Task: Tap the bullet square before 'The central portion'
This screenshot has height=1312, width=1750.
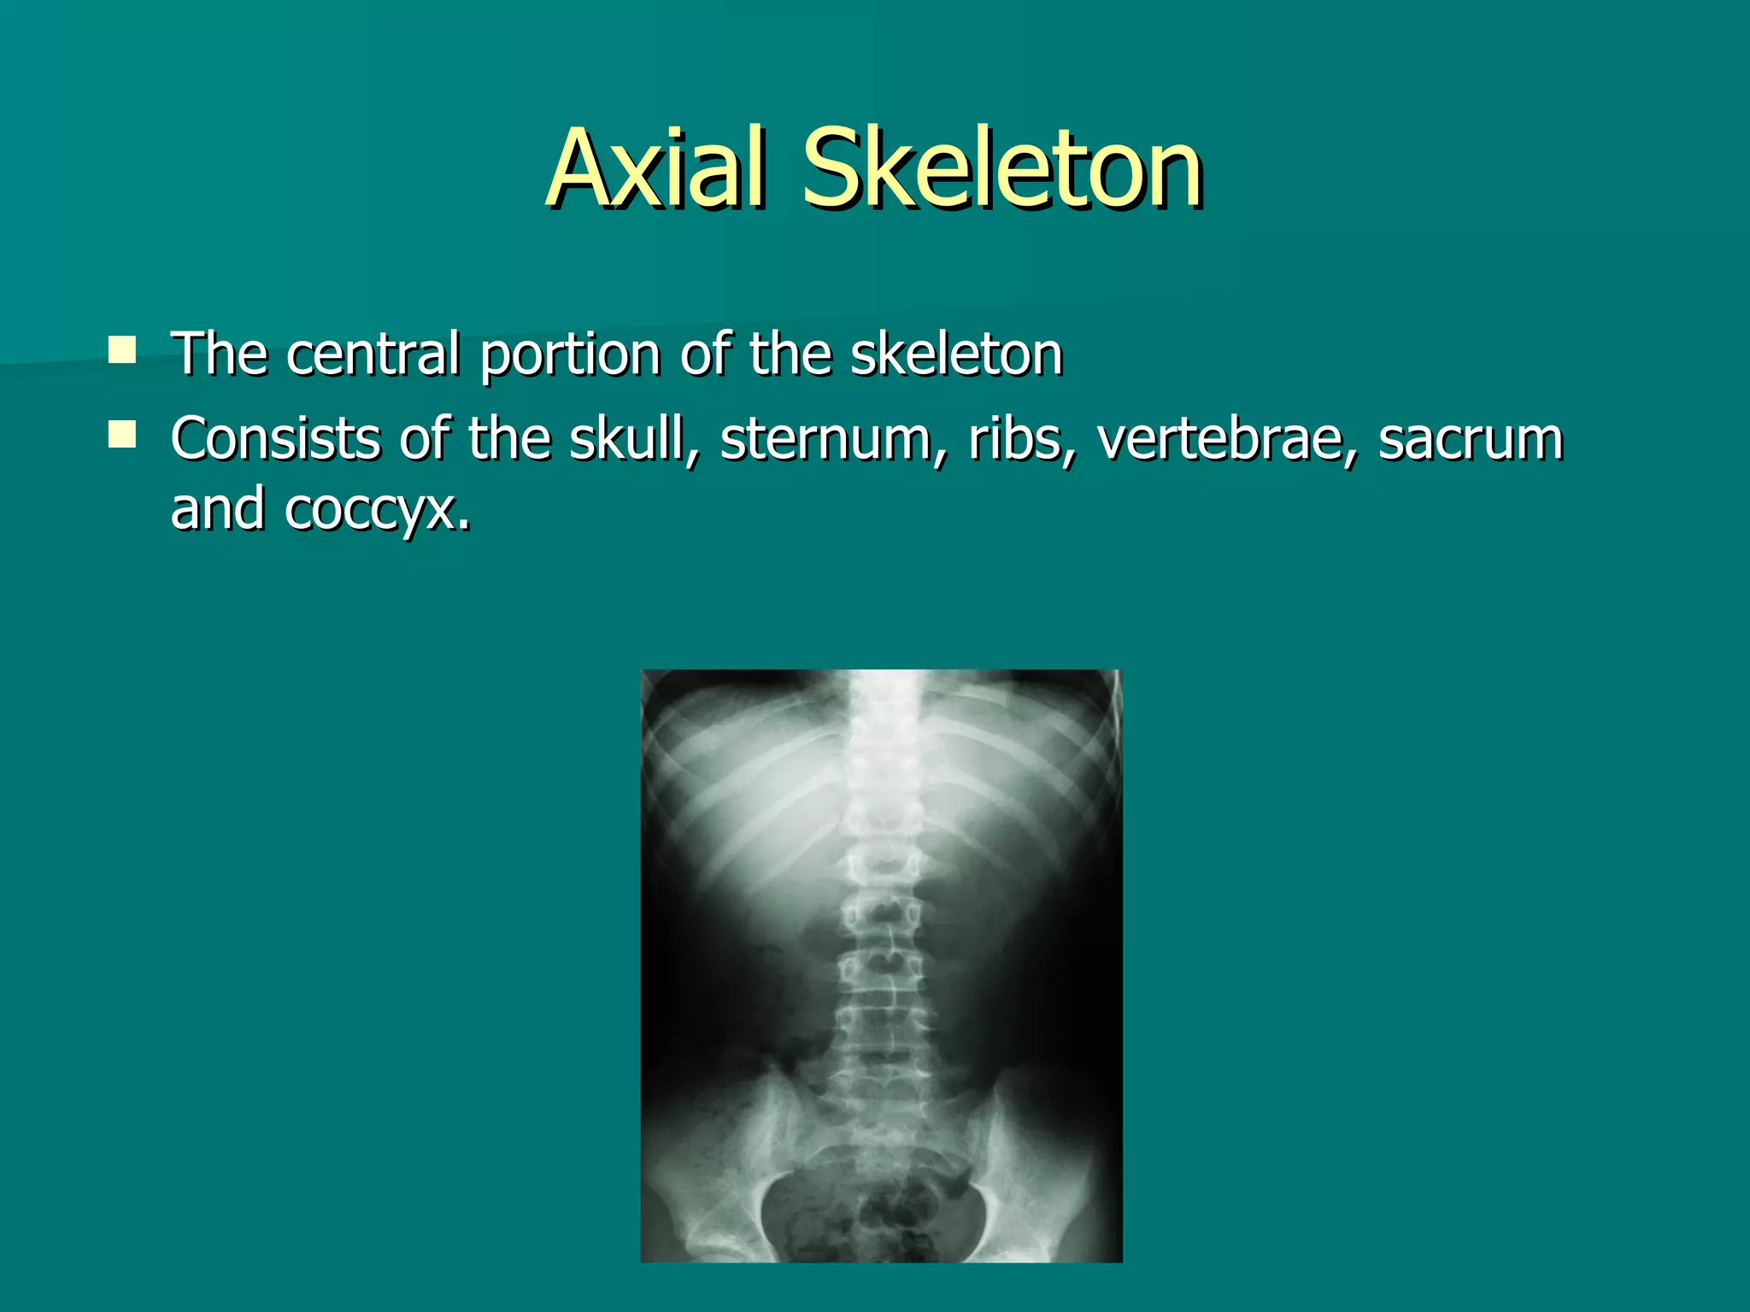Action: point(122,350)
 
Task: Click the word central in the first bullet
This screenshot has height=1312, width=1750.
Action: point(373,354)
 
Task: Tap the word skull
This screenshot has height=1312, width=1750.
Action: point(631,439)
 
